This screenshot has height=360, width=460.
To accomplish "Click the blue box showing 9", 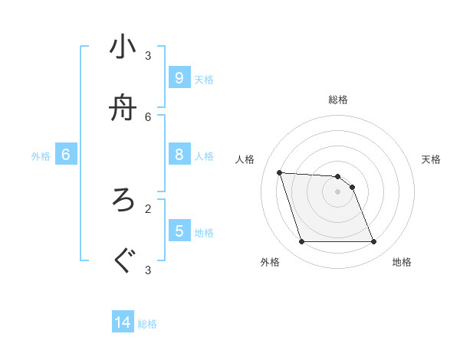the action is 179,77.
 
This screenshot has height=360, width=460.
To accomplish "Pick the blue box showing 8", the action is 179,155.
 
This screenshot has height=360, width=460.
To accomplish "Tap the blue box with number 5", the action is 179,231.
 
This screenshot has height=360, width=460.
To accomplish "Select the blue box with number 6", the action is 66,155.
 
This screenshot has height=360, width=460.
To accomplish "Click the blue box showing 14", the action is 123,322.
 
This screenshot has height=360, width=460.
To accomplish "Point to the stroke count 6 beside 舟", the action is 148,116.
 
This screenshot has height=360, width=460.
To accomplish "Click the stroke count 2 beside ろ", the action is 148,208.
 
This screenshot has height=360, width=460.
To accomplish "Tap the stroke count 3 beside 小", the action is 148,56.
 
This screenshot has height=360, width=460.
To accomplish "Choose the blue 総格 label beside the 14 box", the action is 147,324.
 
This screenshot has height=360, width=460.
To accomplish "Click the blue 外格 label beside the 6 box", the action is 41,156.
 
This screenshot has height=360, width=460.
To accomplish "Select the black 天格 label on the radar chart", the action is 431,159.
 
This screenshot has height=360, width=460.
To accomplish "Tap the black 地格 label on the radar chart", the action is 402,262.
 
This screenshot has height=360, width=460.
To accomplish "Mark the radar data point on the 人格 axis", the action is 280,172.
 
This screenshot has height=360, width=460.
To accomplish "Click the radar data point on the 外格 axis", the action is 301,242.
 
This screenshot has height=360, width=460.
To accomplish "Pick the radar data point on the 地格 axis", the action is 373,242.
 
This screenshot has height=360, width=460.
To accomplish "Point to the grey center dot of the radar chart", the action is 337,192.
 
